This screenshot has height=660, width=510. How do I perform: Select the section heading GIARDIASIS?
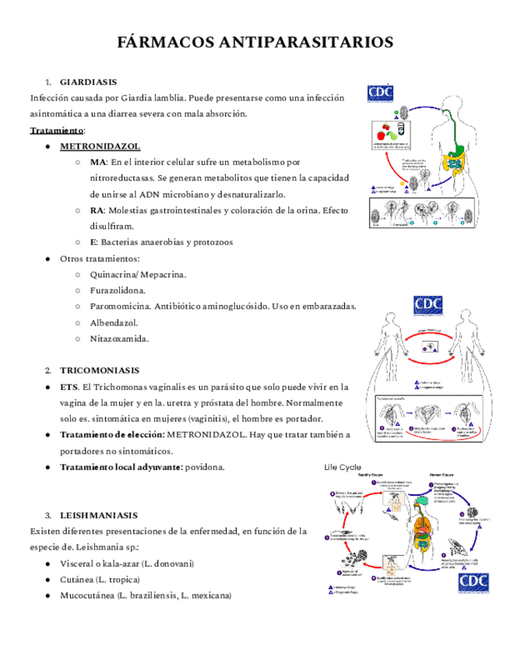click(89, 81)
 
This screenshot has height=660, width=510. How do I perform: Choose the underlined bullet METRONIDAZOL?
click(100, 146)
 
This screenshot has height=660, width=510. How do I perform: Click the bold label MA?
click(97, 162)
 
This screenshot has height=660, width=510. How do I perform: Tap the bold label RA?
click(97, 210)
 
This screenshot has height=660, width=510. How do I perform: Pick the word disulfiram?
click(112, 226)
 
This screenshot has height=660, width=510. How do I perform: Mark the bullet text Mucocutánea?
click(87, 595)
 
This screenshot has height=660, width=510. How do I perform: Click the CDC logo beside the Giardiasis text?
click(380, 93)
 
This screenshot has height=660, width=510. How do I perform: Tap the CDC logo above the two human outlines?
click(427, 304)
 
